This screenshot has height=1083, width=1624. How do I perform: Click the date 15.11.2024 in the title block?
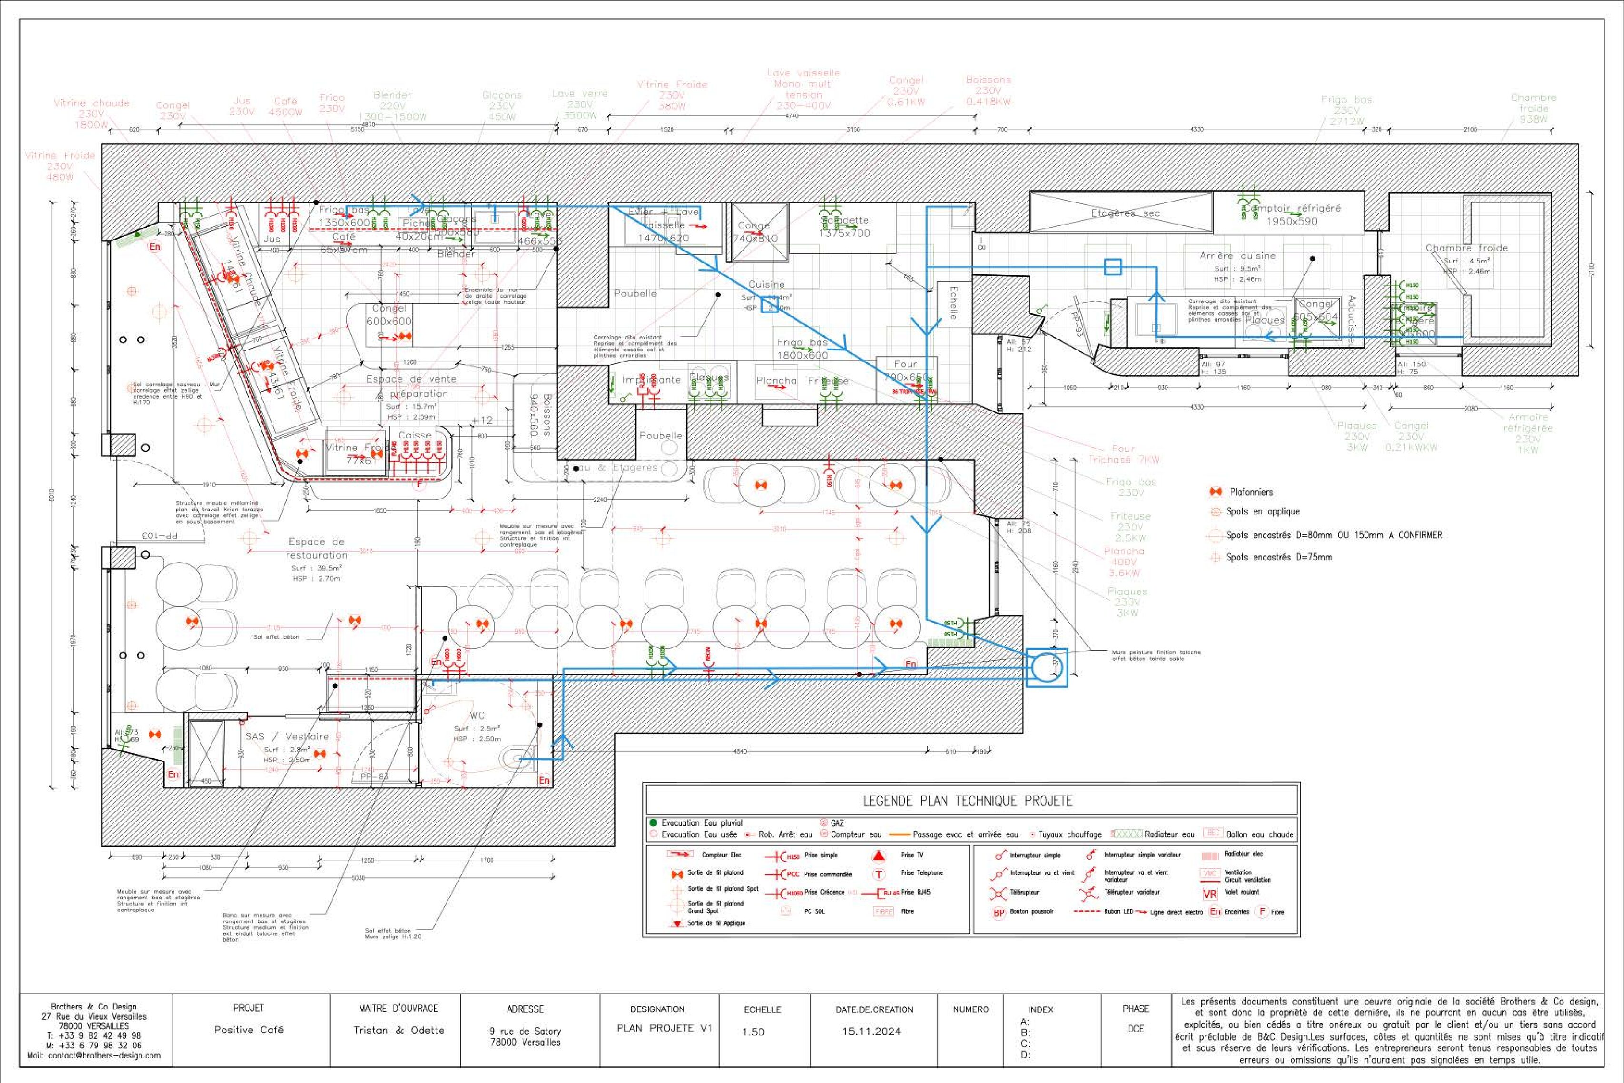[x=871, y=1031]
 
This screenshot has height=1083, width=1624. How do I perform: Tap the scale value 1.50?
[x=753, y=1031]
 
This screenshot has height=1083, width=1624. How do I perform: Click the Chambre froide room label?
[x=1467, y=247]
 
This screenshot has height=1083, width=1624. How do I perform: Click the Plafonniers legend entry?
[x=1250, y=492]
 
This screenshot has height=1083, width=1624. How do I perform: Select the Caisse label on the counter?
[x=414, y=435]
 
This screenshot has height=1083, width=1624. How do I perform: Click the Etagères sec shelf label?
[x=1125, y=214]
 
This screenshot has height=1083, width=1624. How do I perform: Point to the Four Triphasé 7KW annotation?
[x=1123, y=454]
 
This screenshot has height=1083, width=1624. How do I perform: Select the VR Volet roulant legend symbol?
[x=1210, y=894]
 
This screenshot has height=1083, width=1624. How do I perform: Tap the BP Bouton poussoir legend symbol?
[x=998, y=912]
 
